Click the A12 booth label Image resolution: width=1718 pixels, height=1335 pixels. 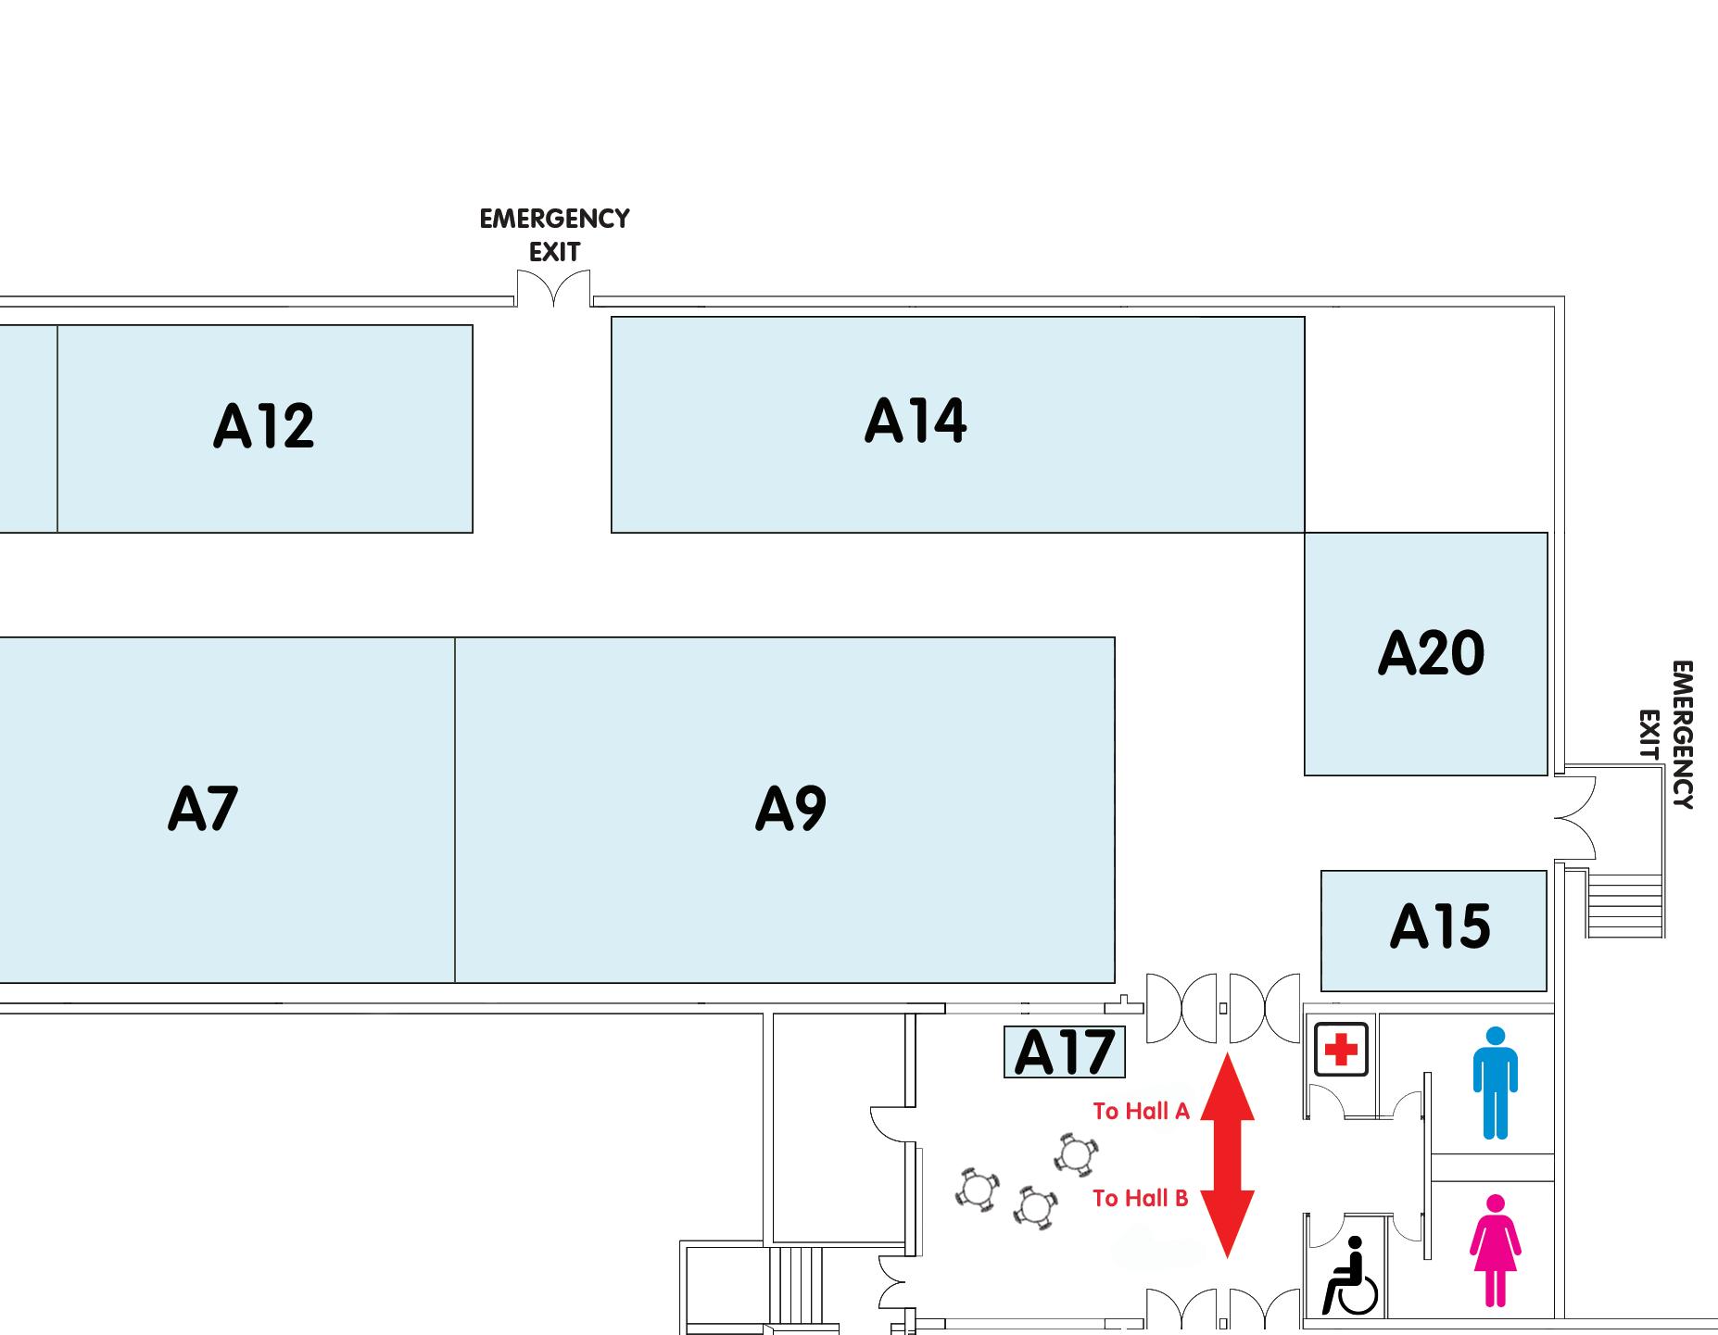point(264,426)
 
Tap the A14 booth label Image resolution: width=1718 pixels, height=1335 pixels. point(916,422)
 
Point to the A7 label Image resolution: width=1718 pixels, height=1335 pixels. point(203,809)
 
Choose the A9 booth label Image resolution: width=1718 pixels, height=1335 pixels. point(790,809)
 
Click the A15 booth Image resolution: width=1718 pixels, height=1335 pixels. point(1439,927)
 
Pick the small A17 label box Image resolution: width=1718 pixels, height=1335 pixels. point(1064,1052)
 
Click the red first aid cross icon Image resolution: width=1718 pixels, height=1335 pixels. point(1341,1050)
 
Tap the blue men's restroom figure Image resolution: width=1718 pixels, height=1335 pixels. point(1495,1082)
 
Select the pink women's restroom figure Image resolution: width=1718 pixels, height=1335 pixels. point(1494,1250)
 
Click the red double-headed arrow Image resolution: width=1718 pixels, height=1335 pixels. point(1227,1154)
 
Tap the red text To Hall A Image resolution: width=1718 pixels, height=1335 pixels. point(1141,1111)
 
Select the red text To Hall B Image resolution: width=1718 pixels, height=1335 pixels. point(1140,1198)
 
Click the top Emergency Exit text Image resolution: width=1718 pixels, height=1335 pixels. point(554,235)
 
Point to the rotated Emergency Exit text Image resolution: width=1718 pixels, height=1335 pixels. point(1668,735)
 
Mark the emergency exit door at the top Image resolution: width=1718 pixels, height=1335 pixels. point(553,288)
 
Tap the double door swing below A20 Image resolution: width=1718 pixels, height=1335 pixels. point(1575,818)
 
